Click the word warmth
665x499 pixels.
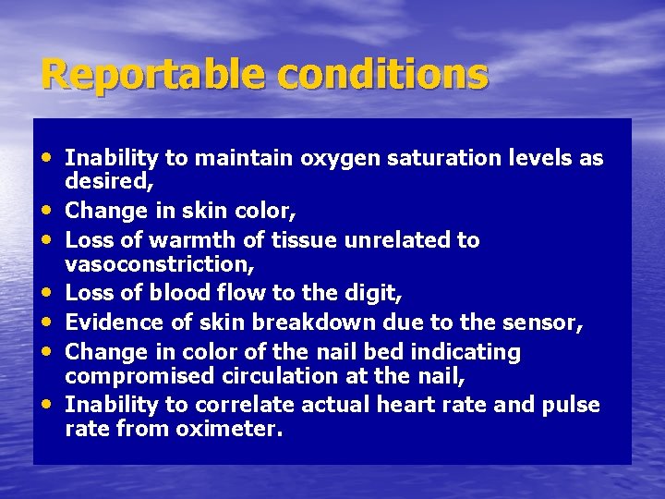197,240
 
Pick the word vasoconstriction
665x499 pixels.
158,264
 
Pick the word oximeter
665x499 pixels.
229,429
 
